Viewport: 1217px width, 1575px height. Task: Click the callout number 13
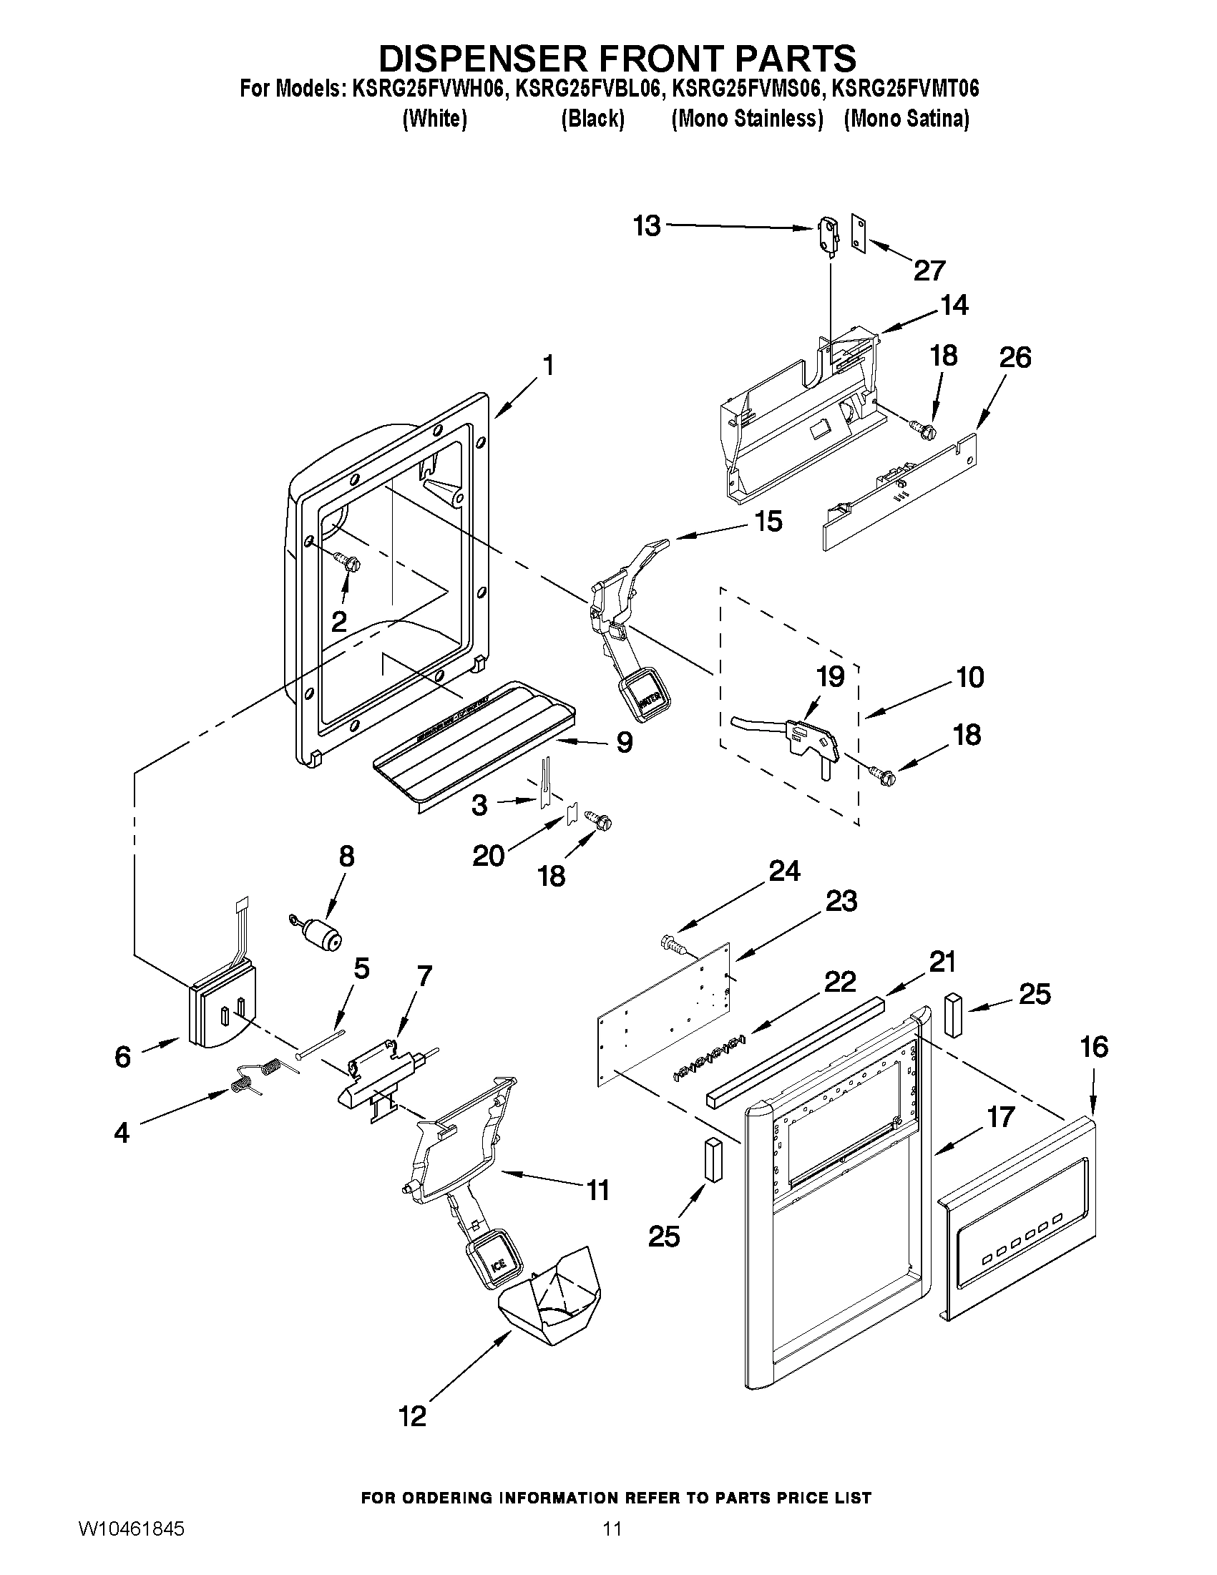coord(647,225)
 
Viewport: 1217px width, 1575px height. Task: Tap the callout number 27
coord(929,270)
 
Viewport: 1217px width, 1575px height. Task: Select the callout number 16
coord(1095,1046)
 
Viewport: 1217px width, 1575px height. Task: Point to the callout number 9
coord(625,742)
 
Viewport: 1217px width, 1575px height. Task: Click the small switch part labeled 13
coord(827,235)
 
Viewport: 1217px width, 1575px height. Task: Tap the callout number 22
coord(840,982)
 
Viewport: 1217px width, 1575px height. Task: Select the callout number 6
coord(123,1056)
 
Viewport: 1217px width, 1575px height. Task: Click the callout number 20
coord(488,856)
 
